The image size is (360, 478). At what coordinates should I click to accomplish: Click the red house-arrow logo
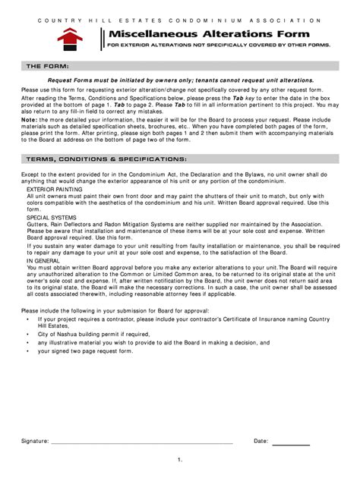point(70,37)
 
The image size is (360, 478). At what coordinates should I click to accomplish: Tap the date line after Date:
point(291,441)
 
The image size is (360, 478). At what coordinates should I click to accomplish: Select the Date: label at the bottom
point(261,440)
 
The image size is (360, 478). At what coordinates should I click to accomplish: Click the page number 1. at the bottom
point(180,460)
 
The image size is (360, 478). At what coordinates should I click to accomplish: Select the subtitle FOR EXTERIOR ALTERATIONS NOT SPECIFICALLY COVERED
point(219,46)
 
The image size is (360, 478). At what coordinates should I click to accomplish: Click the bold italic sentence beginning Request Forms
point(180,79)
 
